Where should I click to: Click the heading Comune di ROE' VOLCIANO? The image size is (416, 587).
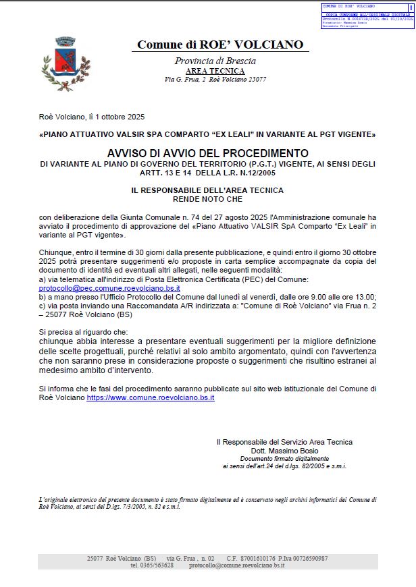(x=220, y=45)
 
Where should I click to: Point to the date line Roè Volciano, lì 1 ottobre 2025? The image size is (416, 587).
(x=92, y=116)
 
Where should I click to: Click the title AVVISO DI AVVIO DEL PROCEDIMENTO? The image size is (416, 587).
(x=207, y=153)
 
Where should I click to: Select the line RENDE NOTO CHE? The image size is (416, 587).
(x=207, y=200)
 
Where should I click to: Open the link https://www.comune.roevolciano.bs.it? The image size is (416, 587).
(x=151, y=399)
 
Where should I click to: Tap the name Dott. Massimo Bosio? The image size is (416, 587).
(x=284, y=450)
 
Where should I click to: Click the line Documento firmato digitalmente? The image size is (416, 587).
(x=284, y=458)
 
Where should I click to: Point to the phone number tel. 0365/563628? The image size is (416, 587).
(x=152, y=565)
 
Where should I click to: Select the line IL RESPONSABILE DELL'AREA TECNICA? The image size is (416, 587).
(x=207, y=191)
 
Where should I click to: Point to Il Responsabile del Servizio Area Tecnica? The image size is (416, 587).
(x=284, y=442)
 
